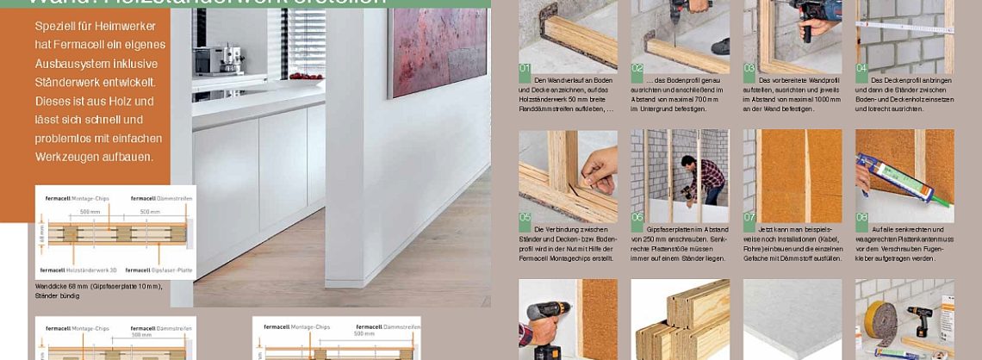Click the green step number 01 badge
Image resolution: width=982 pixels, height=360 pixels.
[525, 67]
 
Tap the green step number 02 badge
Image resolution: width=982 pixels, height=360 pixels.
[637, 67]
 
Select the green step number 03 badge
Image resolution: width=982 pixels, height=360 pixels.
[749, 67]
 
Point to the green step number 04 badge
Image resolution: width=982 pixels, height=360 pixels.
[861, 67]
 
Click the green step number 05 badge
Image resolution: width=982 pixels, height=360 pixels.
[525, 217]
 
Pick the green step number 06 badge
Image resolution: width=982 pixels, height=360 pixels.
[637, 217]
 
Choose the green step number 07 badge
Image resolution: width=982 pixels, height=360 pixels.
[749, 217]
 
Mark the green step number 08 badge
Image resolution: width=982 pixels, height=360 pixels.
[861, 217]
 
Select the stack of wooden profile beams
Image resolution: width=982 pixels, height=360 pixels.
[681, 323]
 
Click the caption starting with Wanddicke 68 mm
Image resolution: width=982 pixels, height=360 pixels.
[98, 290]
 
